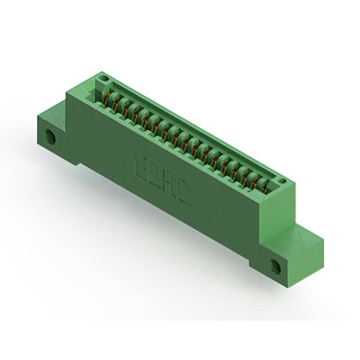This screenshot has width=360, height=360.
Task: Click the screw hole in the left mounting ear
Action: (x=51, y=137)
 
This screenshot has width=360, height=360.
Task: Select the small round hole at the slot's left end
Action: (x=103, y=78)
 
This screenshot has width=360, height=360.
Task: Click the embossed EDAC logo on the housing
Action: (x=163, y=179)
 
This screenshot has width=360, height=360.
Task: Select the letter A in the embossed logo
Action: (x=169, y=184)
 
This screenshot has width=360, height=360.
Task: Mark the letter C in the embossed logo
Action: (x=183, y=195)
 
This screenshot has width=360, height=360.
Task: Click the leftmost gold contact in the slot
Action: (x=106, y=100)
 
